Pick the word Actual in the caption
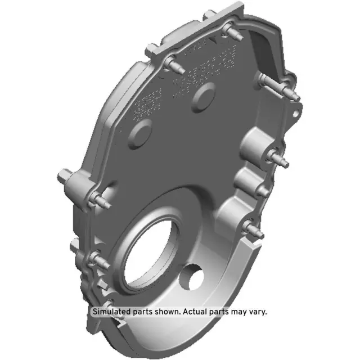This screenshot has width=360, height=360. tap(195, 311)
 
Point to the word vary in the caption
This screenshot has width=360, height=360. tap(257, 311)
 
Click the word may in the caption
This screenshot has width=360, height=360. tap(238, 311)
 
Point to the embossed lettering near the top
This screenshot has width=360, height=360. tap(186, 79)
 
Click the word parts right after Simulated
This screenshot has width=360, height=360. tap(144, 311)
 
